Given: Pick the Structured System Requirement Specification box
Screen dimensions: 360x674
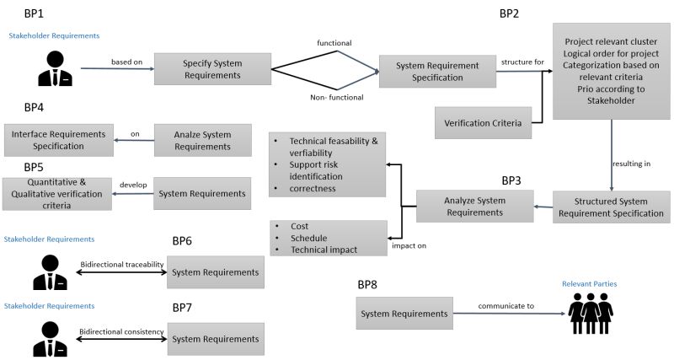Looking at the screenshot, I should [612, 207].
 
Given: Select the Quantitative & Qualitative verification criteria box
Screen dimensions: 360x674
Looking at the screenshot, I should [56, 194].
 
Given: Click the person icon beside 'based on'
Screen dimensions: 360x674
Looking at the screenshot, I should [56, 67].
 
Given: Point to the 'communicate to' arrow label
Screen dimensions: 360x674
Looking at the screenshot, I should [505, 306].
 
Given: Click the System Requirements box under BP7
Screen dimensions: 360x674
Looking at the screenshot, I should [216, 338].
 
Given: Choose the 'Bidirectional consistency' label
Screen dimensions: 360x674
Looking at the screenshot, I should [121, 331].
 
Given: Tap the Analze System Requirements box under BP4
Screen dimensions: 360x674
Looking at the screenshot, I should [204, 140].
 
